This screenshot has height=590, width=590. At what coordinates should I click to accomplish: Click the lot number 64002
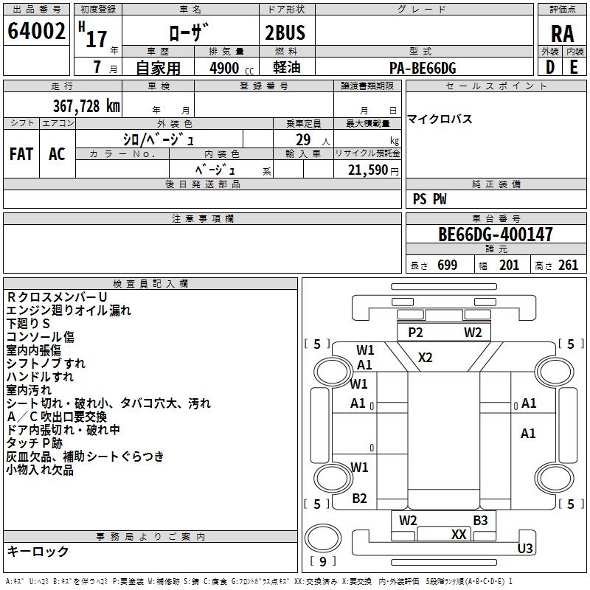36,32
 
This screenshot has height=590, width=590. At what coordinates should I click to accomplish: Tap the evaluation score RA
562,33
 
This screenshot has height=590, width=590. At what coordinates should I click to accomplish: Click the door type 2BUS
285,32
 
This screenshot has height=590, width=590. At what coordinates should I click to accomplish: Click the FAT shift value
21,154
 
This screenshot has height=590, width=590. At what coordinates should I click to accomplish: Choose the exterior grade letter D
549,68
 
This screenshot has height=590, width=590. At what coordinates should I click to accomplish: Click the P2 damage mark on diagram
415,333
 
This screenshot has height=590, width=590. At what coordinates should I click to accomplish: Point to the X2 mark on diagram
426,358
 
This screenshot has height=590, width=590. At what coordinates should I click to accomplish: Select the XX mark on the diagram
459,535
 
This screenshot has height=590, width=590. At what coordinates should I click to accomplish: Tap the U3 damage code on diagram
525,548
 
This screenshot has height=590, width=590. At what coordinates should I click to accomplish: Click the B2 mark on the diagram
359,499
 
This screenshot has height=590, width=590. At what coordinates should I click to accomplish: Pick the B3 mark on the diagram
480,521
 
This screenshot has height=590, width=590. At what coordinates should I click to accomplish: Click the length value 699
447,265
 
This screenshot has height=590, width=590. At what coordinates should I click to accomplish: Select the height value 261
568,265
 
